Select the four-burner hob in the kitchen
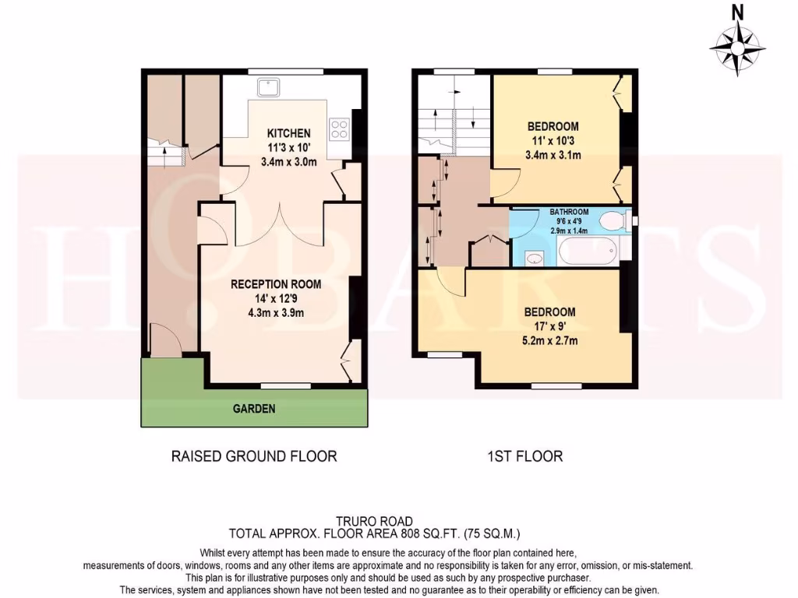(x=340, y=128)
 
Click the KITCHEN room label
(x=288, y=133)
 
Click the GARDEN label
(x=254, y=409)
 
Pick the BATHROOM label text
(x=569, y=211)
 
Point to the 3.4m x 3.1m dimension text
(x=553, y=155)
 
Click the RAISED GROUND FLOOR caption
(x=254, y=456)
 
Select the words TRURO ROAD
(x=373, y=521)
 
